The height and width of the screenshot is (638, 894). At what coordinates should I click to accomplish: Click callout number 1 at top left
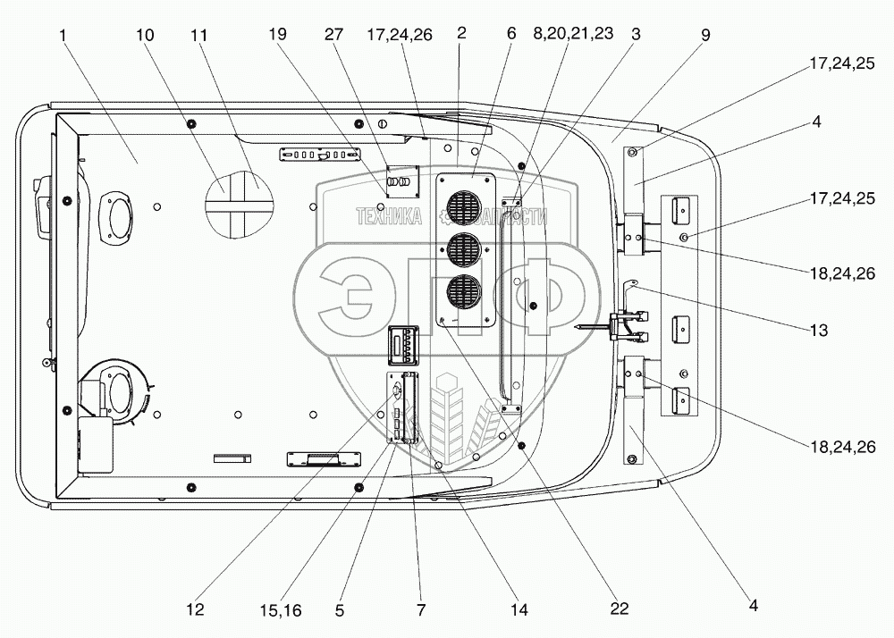click(x=63, y=36)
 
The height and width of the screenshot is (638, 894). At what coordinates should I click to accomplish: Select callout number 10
click(x=145, y=36)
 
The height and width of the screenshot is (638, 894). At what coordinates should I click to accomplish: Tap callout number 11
click(x=199, y=36)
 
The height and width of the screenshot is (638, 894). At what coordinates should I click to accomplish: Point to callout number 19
click(x=278, y=34)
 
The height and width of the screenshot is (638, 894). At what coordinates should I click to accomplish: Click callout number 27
click(x=334, y=34)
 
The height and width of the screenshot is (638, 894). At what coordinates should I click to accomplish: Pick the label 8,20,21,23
click(x=573, y=34)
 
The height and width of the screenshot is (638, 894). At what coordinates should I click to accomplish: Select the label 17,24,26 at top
click(x=400, y=35)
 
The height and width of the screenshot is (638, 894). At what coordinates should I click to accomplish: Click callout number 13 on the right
click(x=819, y=330)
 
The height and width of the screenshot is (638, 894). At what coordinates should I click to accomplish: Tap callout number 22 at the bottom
click(x=620, y=609)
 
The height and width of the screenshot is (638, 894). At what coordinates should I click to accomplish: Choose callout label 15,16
click(x=280, y=610)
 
